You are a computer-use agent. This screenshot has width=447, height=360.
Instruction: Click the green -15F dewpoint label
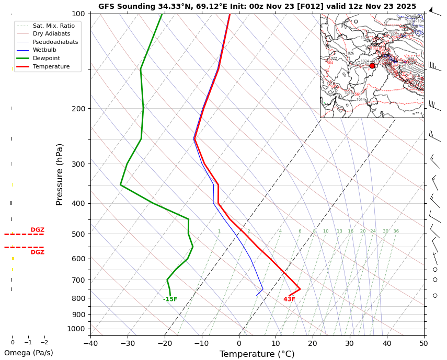coord(170,299)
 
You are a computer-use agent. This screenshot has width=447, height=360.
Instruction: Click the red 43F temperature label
coord(289,299)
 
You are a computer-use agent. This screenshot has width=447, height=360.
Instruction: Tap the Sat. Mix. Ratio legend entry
coord(53,26)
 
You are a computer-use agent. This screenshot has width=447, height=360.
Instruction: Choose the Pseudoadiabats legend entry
coord(55,42)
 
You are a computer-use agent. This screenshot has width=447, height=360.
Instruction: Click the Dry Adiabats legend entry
coord(51,34)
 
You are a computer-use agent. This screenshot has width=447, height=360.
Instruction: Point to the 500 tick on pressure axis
coord(78,234)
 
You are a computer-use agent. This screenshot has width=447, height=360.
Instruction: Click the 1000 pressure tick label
coord(76,329)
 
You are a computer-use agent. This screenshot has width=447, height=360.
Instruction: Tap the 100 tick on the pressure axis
coord(78,14)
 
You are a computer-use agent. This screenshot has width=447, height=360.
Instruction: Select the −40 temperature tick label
coord(90,343)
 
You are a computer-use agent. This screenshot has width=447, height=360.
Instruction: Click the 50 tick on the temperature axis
coord(423,343)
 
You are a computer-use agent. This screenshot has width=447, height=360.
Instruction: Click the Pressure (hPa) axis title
coord(60,174)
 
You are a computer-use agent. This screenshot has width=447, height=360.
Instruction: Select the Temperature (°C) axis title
coord(257,354)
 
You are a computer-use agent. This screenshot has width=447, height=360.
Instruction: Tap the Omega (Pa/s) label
coord(28,353)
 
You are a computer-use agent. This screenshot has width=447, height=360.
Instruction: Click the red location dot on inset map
coord(372,66)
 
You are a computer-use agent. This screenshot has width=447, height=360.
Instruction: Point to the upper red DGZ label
coord(37,230)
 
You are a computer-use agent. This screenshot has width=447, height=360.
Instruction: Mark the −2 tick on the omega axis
coord(44,343)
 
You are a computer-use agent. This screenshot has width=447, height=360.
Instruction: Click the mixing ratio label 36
coord(396,231)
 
